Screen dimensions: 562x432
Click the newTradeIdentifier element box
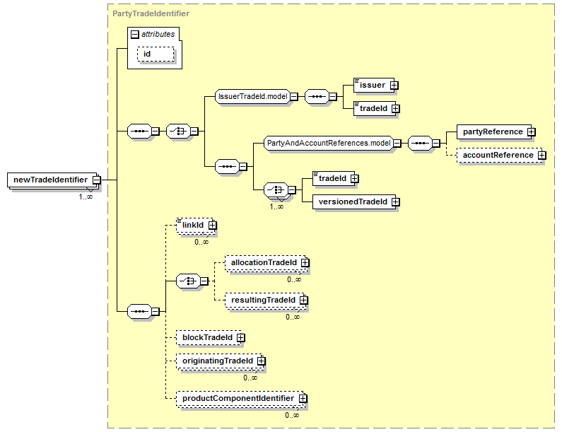pos(54,180)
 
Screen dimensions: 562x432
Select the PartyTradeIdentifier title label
pos(151,13)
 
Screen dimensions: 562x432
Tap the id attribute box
pos(156,54)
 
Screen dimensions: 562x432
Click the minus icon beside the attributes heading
pos(135,35)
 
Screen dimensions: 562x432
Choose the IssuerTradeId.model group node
pos(252,96)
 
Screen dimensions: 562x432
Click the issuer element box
pos(374,86)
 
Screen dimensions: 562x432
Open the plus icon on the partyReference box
pos(531,132)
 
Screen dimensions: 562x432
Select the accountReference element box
pos(500,156)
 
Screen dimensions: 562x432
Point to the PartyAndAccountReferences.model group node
pos(329,143)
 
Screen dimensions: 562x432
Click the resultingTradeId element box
pos(265,300)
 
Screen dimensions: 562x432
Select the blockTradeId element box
pos(209,338)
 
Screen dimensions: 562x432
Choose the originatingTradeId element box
pos(219,361)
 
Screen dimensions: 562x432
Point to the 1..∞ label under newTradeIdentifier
pos(86,197)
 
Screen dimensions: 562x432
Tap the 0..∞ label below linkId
pos(201,242)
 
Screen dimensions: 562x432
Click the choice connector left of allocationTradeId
pos(189,281)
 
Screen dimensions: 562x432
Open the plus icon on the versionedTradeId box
pos(395,202)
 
